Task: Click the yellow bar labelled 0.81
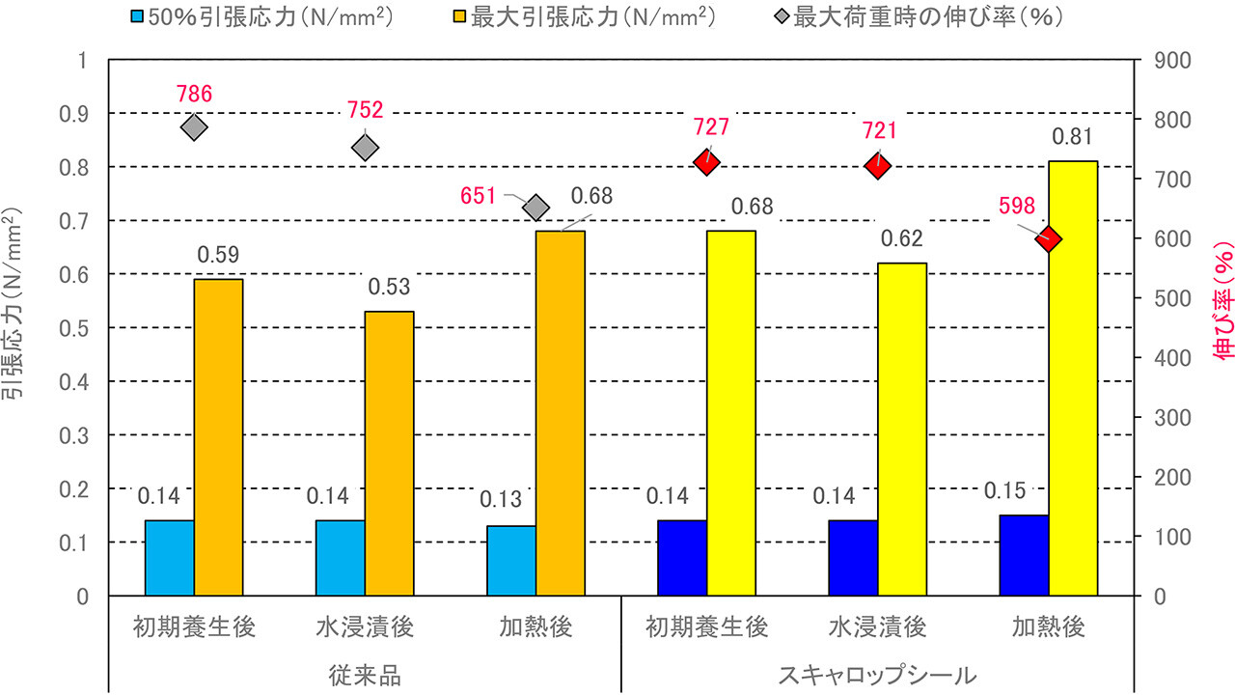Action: pos(1073,378)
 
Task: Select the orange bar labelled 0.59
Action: pos(218,437)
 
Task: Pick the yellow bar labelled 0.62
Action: pos(901,430)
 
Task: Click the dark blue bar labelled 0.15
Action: pos(1024,555)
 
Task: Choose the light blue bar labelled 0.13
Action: pos(511,561)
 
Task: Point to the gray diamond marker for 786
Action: pos(194,127)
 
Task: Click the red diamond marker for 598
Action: pos(1048,239)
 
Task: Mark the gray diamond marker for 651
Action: pos(536,208)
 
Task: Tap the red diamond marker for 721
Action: pos(877,166)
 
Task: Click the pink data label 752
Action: pos(366,109)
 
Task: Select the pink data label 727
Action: pos(710,126)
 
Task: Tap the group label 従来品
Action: pos(364,675)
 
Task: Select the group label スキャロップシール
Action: pos(877,675)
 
